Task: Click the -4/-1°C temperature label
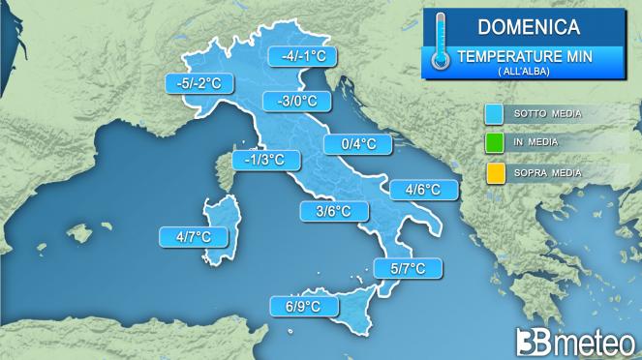301,56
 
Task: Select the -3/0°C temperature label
297,101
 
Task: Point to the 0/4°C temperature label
358,145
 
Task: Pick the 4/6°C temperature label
423,190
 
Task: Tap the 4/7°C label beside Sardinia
194,236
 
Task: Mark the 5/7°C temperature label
407,268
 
